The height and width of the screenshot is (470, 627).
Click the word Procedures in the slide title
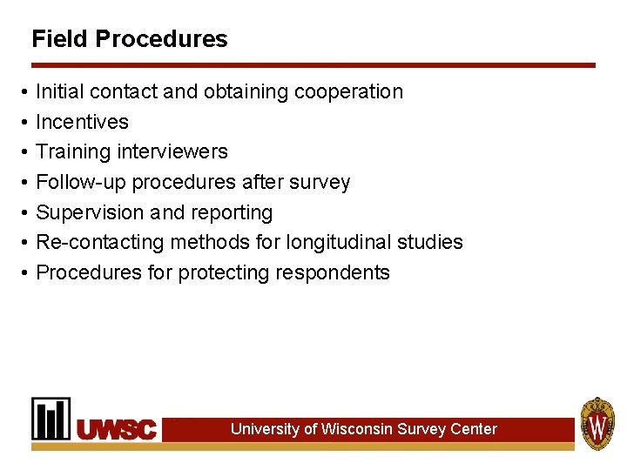tap(161, 39)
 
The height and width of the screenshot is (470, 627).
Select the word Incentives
tap(82, 122)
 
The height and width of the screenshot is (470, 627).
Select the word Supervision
tap(90, 212)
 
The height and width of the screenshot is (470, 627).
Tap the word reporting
tap(233, 212)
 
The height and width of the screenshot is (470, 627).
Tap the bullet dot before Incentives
tap(25, 123)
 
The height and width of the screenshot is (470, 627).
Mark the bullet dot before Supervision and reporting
tap(25, 213)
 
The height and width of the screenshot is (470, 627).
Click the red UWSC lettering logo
tap(117, 429)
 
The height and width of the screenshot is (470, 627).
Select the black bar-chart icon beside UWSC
tap(51, 419)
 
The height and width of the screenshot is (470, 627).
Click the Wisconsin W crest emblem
tap(597, 424)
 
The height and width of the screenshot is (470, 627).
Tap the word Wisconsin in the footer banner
tap(356, 429)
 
